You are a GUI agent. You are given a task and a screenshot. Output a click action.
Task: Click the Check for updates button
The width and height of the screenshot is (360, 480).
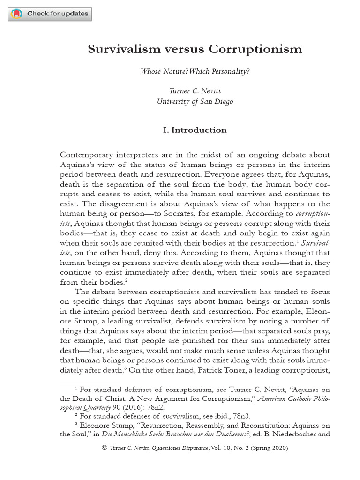[50, 14]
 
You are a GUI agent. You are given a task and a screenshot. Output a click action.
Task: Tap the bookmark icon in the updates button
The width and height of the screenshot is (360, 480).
[17, 14]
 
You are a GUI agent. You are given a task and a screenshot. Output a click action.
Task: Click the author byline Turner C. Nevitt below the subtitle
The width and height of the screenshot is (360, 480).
[195, 91]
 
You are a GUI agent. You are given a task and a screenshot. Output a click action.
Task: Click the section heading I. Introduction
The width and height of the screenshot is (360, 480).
[195, 130]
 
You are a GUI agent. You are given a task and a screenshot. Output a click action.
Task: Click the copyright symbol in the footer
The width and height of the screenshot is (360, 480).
[105, 448]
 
